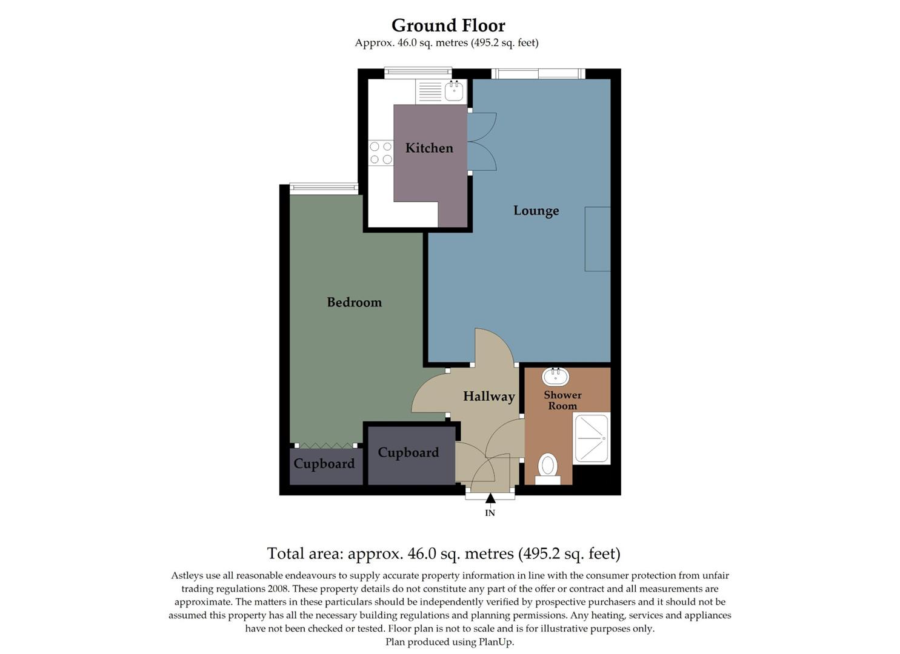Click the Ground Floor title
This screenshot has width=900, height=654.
click(448, 25)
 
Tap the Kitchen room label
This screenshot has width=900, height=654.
click(429, 148)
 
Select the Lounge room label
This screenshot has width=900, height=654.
click(536, 211)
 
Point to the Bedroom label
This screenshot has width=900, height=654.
click(354, 302)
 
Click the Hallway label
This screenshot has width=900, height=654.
click(488, 397)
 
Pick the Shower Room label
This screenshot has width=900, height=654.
click(562, 400)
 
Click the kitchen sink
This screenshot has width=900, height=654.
click(454, 91)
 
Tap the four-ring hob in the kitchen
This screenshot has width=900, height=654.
click(381, 153)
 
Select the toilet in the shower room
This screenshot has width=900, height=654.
click(548, 468)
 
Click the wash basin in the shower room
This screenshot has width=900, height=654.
click(555, 377)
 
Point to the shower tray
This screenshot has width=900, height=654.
click(591, 438)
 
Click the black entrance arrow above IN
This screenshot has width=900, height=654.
click(490, 498)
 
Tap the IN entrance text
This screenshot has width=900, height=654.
click(490, 513)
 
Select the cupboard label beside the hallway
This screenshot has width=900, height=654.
click(408, 453)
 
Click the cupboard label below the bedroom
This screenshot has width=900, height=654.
click(324, 464)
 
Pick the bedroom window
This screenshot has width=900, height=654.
click(324, 188)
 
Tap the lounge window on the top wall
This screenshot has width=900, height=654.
click(538, 74)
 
